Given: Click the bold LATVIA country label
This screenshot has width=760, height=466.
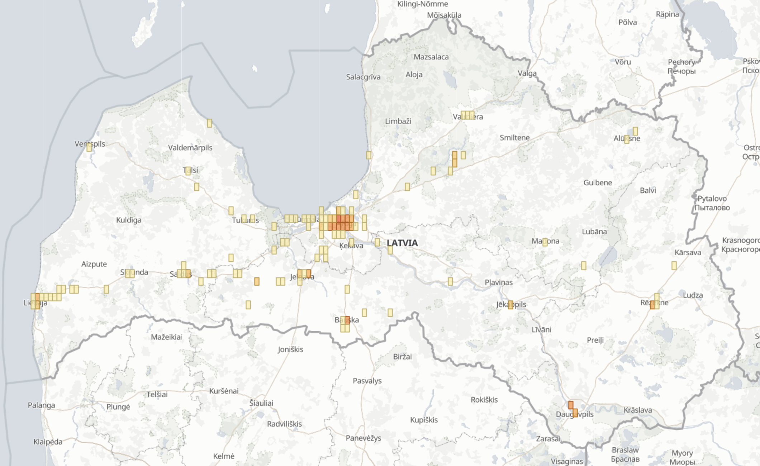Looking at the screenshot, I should coord(402,243).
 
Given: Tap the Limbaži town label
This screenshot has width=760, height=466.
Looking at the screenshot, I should coord(398,121).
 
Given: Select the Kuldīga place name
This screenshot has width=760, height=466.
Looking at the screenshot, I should coord(129,220).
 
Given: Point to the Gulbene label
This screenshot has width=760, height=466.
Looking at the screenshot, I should coord(598,182).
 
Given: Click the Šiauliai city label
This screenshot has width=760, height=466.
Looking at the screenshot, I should coord(261,403).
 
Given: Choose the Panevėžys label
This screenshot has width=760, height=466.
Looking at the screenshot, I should coord(363,438).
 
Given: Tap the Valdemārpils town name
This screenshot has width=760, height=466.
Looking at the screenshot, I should coord(190,148).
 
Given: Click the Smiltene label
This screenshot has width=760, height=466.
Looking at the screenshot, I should coord(514,138).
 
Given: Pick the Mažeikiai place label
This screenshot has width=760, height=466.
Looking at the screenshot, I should coord(166,337).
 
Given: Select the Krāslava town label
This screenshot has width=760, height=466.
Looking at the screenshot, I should coord(638,410).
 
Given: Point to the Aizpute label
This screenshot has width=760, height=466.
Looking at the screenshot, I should coord(94,264).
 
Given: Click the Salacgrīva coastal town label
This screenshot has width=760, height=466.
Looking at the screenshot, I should coord(363,77).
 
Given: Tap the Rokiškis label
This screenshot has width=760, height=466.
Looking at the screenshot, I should coord(484,400).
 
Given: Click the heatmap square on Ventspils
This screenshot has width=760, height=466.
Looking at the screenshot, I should coord(89,147).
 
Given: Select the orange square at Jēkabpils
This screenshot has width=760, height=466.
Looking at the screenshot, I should coord(510,305).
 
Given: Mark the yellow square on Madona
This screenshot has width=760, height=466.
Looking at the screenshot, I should coord(545,242).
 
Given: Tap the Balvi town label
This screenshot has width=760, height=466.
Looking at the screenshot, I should coord(648,190).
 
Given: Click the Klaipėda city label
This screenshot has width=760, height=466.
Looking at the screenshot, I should coord(48,442).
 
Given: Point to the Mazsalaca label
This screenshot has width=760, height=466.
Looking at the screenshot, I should coord(431,57).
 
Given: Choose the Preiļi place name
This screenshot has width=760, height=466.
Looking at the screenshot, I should coord(595,340).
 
